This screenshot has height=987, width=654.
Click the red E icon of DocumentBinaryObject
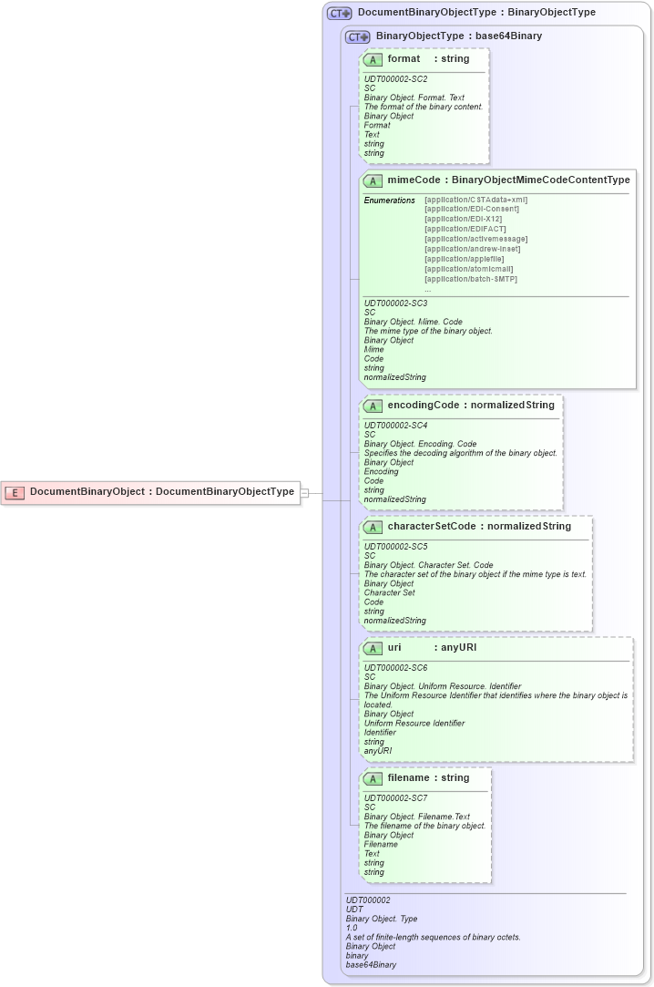point(15,492)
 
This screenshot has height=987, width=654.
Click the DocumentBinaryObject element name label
point(87,491)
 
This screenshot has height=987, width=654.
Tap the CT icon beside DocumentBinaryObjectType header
point(339,13)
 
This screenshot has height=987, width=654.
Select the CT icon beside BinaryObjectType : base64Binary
point(357,36)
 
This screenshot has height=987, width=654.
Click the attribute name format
point(404,58)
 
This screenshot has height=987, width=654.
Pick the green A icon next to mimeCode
point(373,180)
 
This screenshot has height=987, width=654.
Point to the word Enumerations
point(389,200)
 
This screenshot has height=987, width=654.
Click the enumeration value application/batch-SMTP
point(471,279)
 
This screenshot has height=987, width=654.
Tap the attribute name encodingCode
point(423,405)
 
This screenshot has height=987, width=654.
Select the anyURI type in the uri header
point(458,648)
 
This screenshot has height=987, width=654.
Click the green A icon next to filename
point(373,778)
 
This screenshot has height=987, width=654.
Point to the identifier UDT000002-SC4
point(395,426)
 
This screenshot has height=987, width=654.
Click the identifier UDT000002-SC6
point(395,668)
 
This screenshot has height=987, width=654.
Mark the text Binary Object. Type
point(375,919)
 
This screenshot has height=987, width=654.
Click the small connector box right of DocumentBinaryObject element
point(305,492)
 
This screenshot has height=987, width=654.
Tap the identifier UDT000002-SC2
point(395,79)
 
